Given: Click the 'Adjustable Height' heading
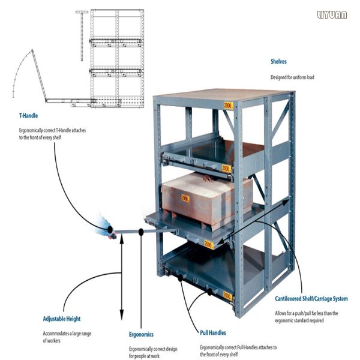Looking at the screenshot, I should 61,319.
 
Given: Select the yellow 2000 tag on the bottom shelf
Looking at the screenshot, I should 227,295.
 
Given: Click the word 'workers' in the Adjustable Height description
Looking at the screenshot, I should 52,341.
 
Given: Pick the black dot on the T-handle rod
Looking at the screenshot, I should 140,231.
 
